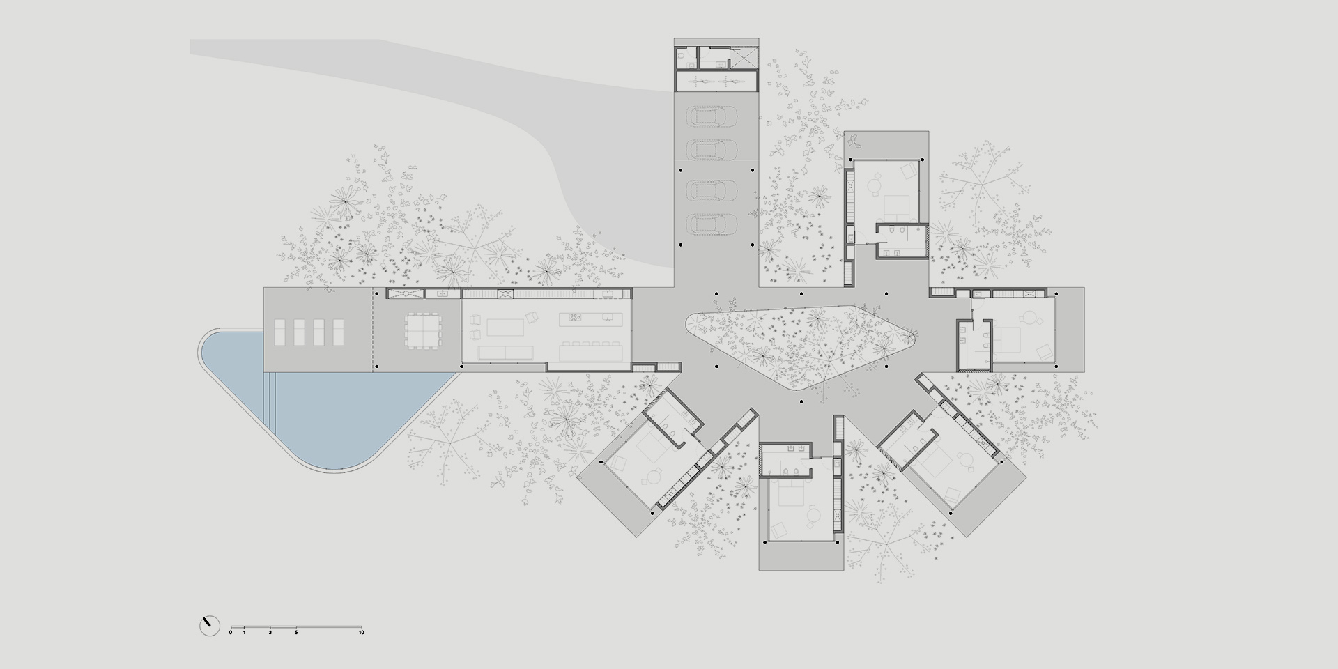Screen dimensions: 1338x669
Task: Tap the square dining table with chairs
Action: [424, 330]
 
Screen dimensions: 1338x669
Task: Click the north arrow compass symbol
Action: [209, 625]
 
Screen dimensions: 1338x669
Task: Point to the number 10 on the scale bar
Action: [361, 633]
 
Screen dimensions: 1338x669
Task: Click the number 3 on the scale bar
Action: [270, 633]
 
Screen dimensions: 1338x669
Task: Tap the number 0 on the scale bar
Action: [231, 633]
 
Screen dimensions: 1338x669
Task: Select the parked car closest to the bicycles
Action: [712, 116]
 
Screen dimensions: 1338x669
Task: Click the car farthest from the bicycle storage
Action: [712, 224]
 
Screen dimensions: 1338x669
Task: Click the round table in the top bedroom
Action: [875, 186]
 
